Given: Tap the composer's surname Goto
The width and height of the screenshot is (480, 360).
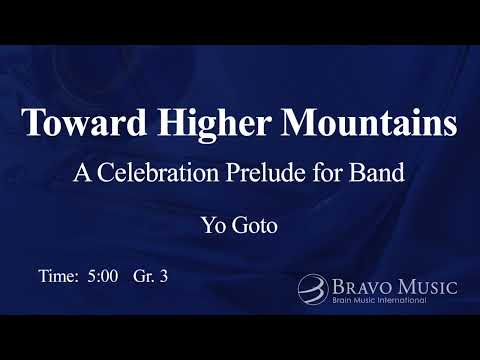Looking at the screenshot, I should click(x=254, y=225).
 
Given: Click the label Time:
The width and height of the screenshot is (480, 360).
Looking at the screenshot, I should click(x=58, y=274).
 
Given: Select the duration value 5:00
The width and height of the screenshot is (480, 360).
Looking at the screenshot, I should click(x=101, y=274).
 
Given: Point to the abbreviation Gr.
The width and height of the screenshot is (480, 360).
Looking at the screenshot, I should click(x=141, y=275).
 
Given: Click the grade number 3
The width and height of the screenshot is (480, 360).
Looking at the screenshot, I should click(x=163, y=274).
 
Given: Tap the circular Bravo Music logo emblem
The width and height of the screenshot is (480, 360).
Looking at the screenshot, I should click(x=312, y=290).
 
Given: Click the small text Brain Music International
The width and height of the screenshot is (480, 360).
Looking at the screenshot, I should click(x=380, y=300).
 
